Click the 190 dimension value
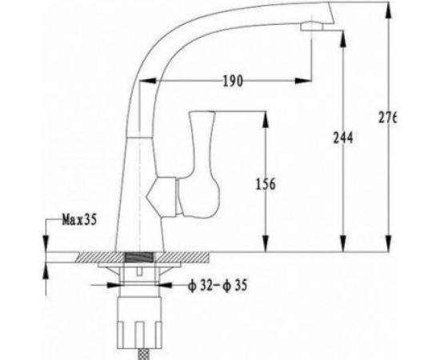[234, 82]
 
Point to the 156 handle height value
[265, 185]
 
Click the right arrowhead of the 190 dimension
[306, 80]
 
